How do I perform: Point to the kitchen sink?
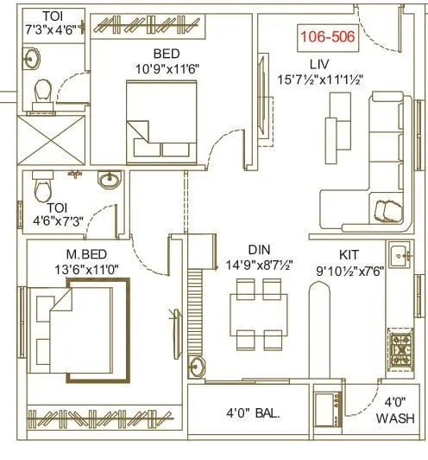pos(400,255)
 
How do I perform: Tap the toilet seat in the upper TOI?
pos(41,91)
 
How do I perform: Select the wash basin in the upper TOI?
pos(33,58)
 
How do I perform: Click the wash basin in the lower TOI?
pos(110,180)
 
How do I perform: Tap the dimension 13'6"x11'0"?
pos(76,269)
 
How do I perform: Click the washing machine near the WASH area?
pos(326,412)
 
